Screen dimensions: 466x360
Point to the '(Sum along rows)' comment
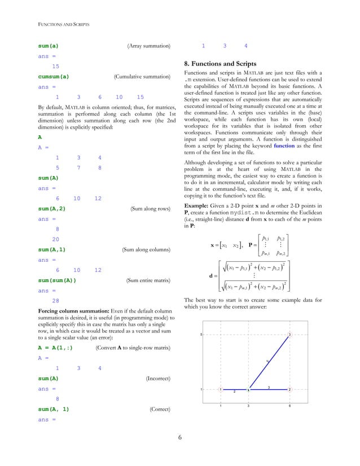coord(150,209)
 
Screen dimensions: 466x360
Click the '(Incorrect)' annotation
coord(158,379)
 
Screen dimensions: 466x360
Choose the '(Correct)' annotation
coord(160,409)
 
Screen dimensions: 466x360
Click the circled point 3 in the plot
coord(289,335)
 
